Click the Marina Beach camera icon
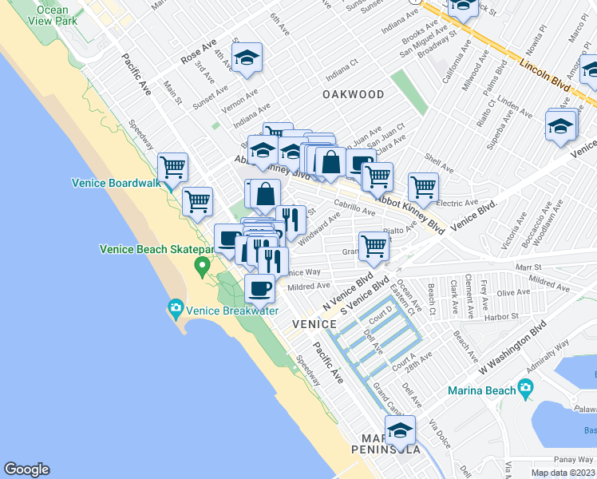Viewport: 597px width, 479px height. coord(524,389)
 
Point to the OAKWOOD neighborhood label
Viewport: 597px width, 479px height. coord(353,94)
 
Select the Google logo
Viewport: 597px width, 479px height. coord(26,469)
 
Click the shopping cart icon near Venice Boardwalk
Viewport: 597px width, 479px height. coord(172,168)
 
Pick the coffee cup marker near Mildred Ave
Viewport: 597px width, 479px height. coord(260,288)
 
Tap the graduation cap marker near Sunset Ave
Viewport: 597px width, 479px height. coord(247,57)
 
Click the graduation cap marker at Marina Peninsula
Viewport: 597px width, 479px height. coord(400,431)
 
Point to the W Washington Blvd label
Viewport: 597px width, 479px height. coord(512,350)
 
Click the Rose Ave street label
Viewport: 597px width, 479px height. coord(200,54)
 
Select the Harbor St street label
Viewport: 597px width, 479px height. coord(500,316)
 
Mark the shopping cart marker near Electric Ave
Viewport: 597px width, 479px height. coord(423,188)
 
